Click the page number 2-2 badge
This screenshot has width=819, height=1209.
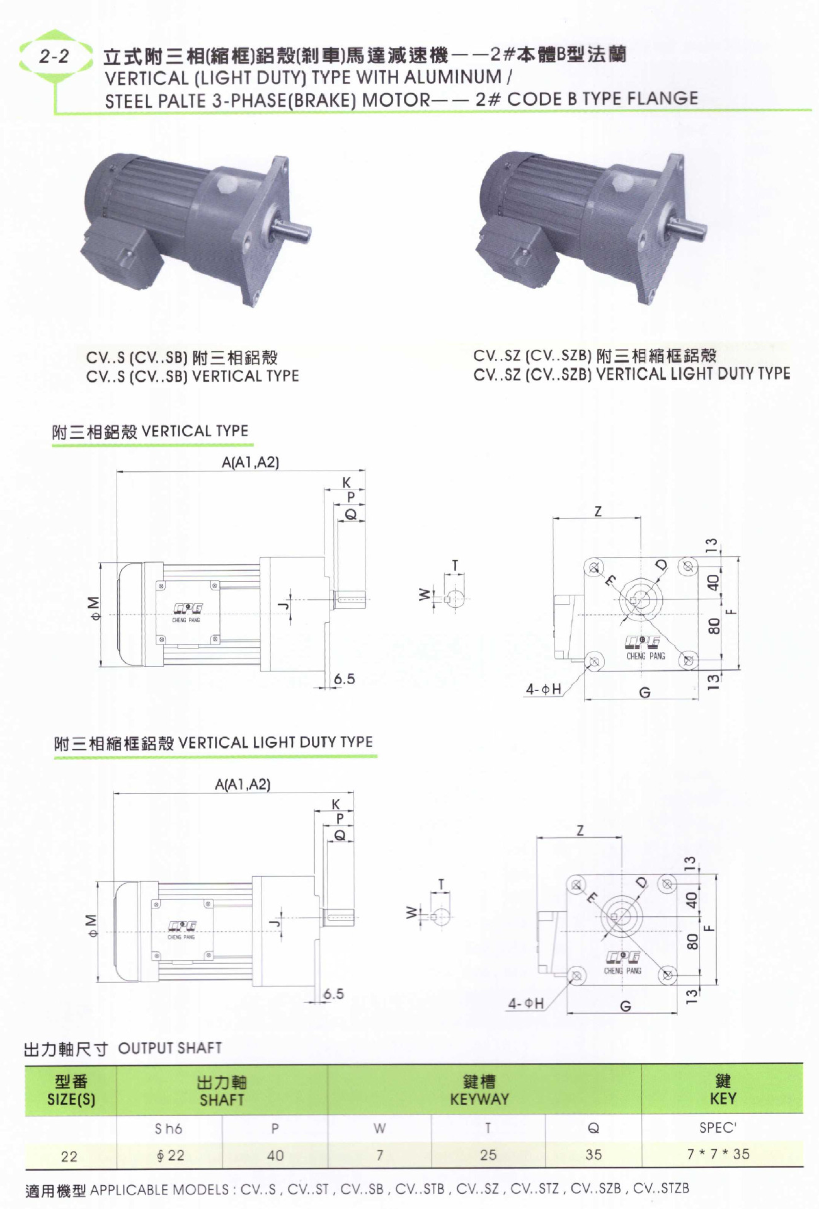54,57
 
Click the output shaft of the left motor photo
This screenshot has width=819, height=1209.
294,230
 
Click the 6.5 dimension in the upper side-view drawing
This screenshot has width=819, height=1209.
344,679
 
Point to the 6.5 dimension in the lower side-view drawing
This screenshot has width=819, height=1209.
333,994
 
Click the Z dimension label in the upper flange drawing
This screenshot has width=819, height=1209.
598,511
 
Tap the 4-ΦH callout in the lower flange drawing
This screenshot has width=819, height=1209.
526,1003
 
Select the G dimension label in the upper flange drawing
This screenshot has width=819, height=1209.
644,693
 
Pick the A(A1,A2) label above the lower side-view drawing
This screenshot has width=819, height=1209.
243,784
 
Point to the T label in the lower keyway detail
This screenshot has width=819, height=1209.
441,884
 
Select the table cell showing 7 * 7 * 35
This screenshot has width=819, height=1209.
718,1154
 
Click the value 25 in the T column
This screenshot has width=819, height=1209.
488,1155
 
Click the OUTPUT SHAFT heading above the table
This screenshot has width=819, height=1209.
169,1048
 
